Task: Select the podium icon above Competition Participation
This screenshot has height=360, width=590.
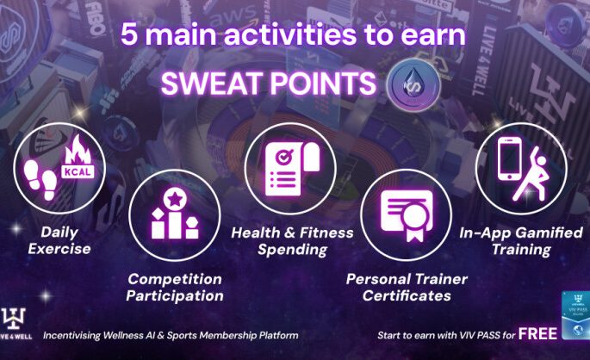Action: tap(174, 216)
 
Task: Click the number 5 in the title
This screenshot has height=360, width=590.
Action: tap(129, 36)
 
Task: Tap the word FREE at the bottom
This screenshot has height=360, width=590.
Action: tap(538, 332)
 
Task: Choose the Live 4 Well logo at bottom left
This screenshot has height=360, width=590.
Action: tap(18, 323)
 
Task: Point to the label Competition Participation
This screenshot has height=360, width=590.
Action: tap(175, 288)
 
